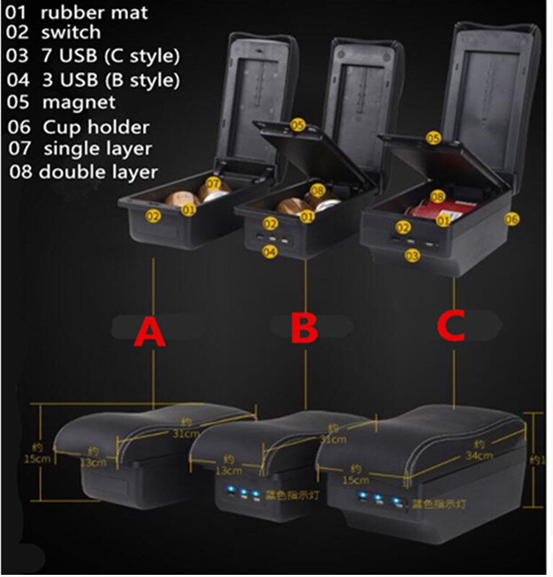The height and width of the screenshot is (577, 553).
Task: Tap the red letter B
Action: tap(304, 330)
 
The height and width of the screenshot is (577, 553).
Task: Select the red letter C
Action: tap(452, 325)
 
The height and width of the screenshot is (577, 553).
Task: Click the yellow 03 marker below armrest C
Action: tap(412, 255)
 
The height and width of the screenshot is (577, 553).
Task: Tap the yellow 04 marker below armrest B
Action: tap(270, 252)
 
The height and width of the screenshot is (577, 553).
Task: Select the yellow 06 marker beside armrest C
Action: tap(511, 219)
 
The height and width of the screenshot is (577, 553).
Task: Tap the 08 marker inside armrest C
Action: tap(437, 196)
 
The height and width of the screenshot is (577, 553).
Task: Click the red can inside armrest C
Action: tap(419, 213)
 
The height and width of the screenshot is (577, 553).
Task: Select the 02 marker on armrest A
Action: tap(154, 215)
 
